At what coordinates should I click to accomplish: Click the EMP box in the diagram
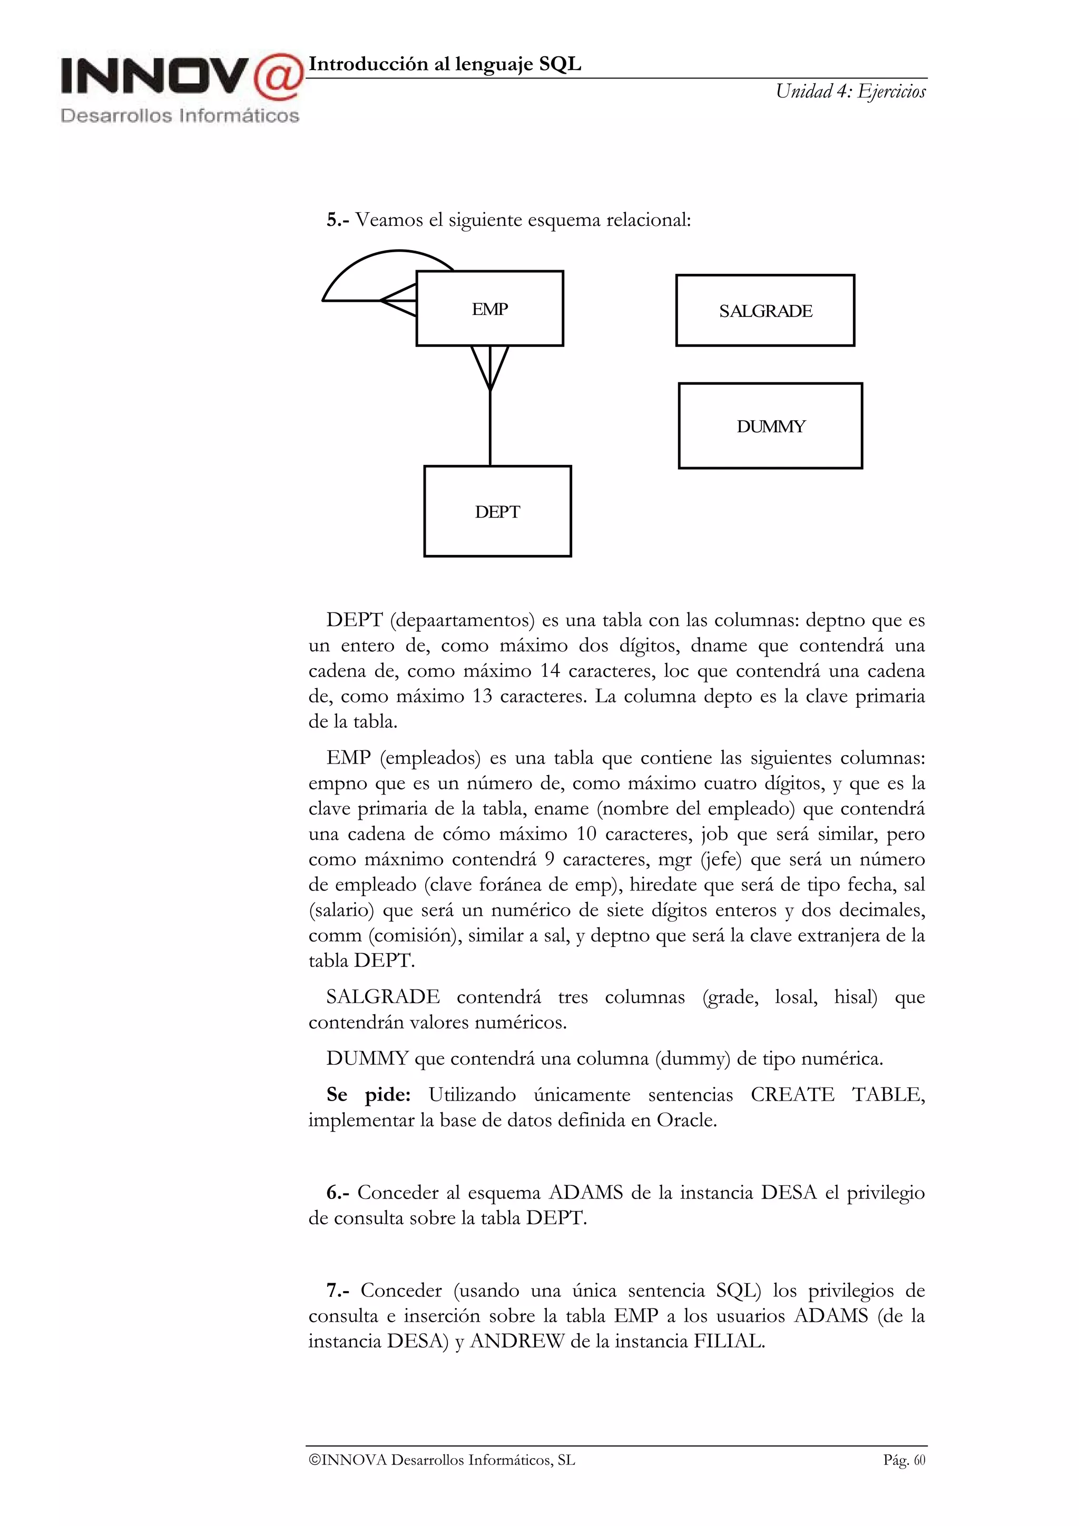(489, 309)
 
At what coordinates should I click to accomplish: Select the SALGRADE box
(764, 310)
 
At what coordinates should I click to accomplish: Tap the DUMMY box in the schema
(770, 426)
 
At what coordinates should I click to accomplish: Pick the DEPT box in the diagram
(497, 511)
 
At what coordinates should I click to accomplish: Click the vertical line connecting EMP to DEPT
(490, 429)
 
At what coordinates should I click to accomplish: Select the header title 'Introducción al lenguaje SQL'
(445, 64)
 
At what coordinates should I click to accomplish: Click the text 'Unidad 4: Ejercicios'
(850, 92)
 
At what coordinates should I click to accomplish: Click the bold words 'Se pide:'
(368, 1095)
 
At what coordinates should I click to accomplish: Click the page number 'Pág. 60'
(904, 1460)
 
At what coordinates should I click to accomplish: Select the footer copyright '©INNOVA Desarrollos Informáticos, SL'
(442, 1460)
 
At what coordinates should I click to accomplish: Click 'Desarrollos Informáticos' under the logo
(180, 116)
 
